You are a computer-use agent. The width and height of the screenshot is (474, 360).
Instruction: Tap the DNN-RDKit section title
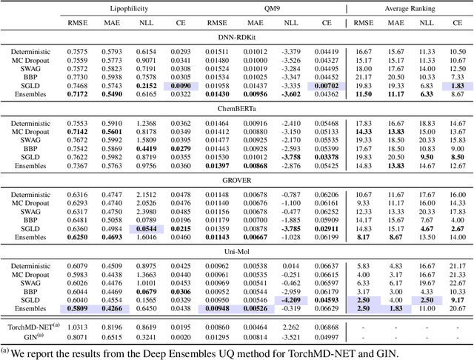(237, 37)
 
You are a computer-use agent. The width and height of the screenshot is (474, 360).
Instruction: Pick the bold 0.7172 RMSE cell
(76, 95)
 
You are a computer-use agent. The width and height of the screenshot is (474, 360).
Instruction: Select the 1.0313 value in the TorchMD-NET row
(76, 327)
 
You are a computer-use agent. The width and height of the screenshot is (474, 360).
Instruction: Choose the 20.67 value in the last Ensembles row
(456, 308)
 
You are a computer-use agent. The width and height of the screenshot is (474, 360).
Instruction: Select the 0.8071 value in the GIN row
(76, 336)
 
